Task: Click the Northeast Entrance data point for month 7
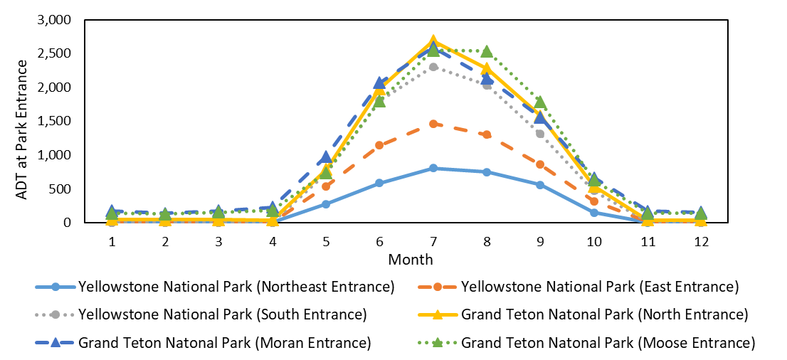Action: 433,168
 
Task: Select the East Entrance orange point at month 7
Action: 433,124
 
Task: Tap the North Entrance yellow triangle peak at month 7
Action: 433,41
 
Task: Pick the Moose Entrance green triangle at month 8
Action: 487,51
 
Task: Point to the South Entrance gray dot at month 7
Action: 433,67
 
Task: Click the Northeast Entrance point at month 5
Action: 326,204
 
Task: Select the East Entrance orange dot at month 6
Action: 379,145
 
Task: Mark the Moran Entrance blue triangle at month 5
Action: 326,157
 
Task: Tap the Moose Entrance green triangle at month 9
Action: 540,102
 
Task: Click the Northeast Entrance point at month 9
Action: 540,185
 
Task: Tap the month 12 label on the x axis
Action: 700,241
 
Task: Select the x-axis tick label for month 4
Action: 273,241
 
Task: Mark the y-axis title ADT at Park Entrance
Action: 21,120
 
